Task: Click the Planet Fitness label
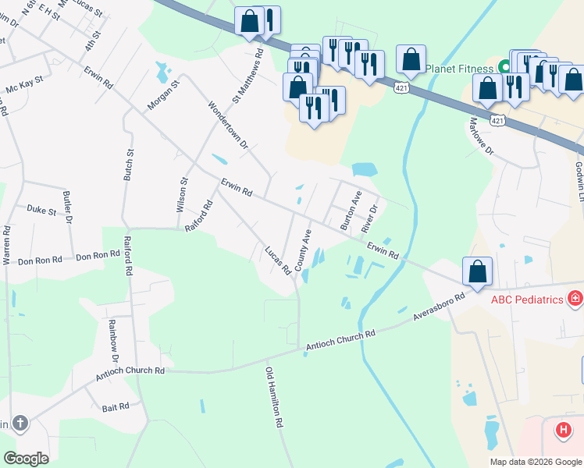pyautogui.click(x=460, y=69)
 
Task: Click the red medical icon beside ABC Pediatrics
pyautogui.click(x=575, y=298)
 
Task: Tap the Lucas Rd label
pyautogui.click(x=277, y=261)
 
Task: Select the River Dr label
pyautogui.click(x=370, y=218)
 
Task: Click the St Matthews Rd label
pyautogui.click(x=249, y=77)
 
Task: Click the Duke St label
pyautogui.click(x=41, y=210)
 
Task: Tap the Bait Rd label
pyautogui.click(x=115, y=407)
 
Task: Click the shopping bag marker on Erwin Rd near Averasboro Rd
pyautogui.click(x=478, y=272)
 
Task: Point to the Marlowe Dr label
pyautogui.click(x=482, y=136)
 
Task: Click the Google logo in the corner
pyautogui.click(x=27, y=458)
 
